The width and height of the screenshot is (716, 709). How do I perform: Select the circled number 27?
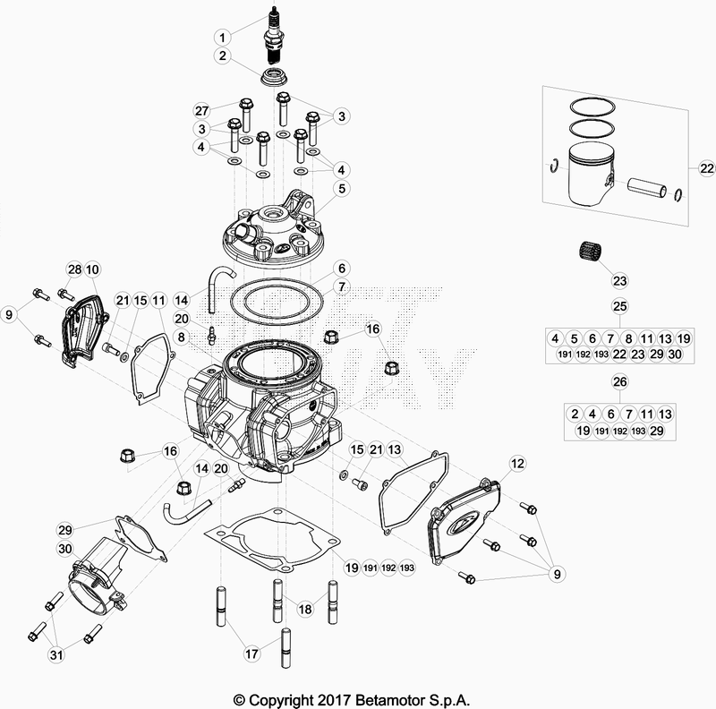pyautogui.click(x=202, y=111)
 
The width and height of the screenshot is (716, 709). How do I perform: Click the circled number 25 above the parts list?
pyautogui.click(x=617, y=307)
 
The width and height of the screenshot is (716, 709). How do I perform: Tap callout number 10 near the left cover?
pyautogui.click(x=92, y=269)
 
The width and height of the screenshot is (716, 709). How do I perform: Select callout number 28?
pyautogui.click(x=73, y=269)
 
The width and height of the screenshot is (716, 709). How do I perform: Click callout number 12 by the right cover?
pyautogui.click(x=517, y=463)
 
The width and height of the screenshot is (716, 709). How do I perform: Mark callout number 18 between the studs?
pyautogui.click(x=305, y=609)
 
